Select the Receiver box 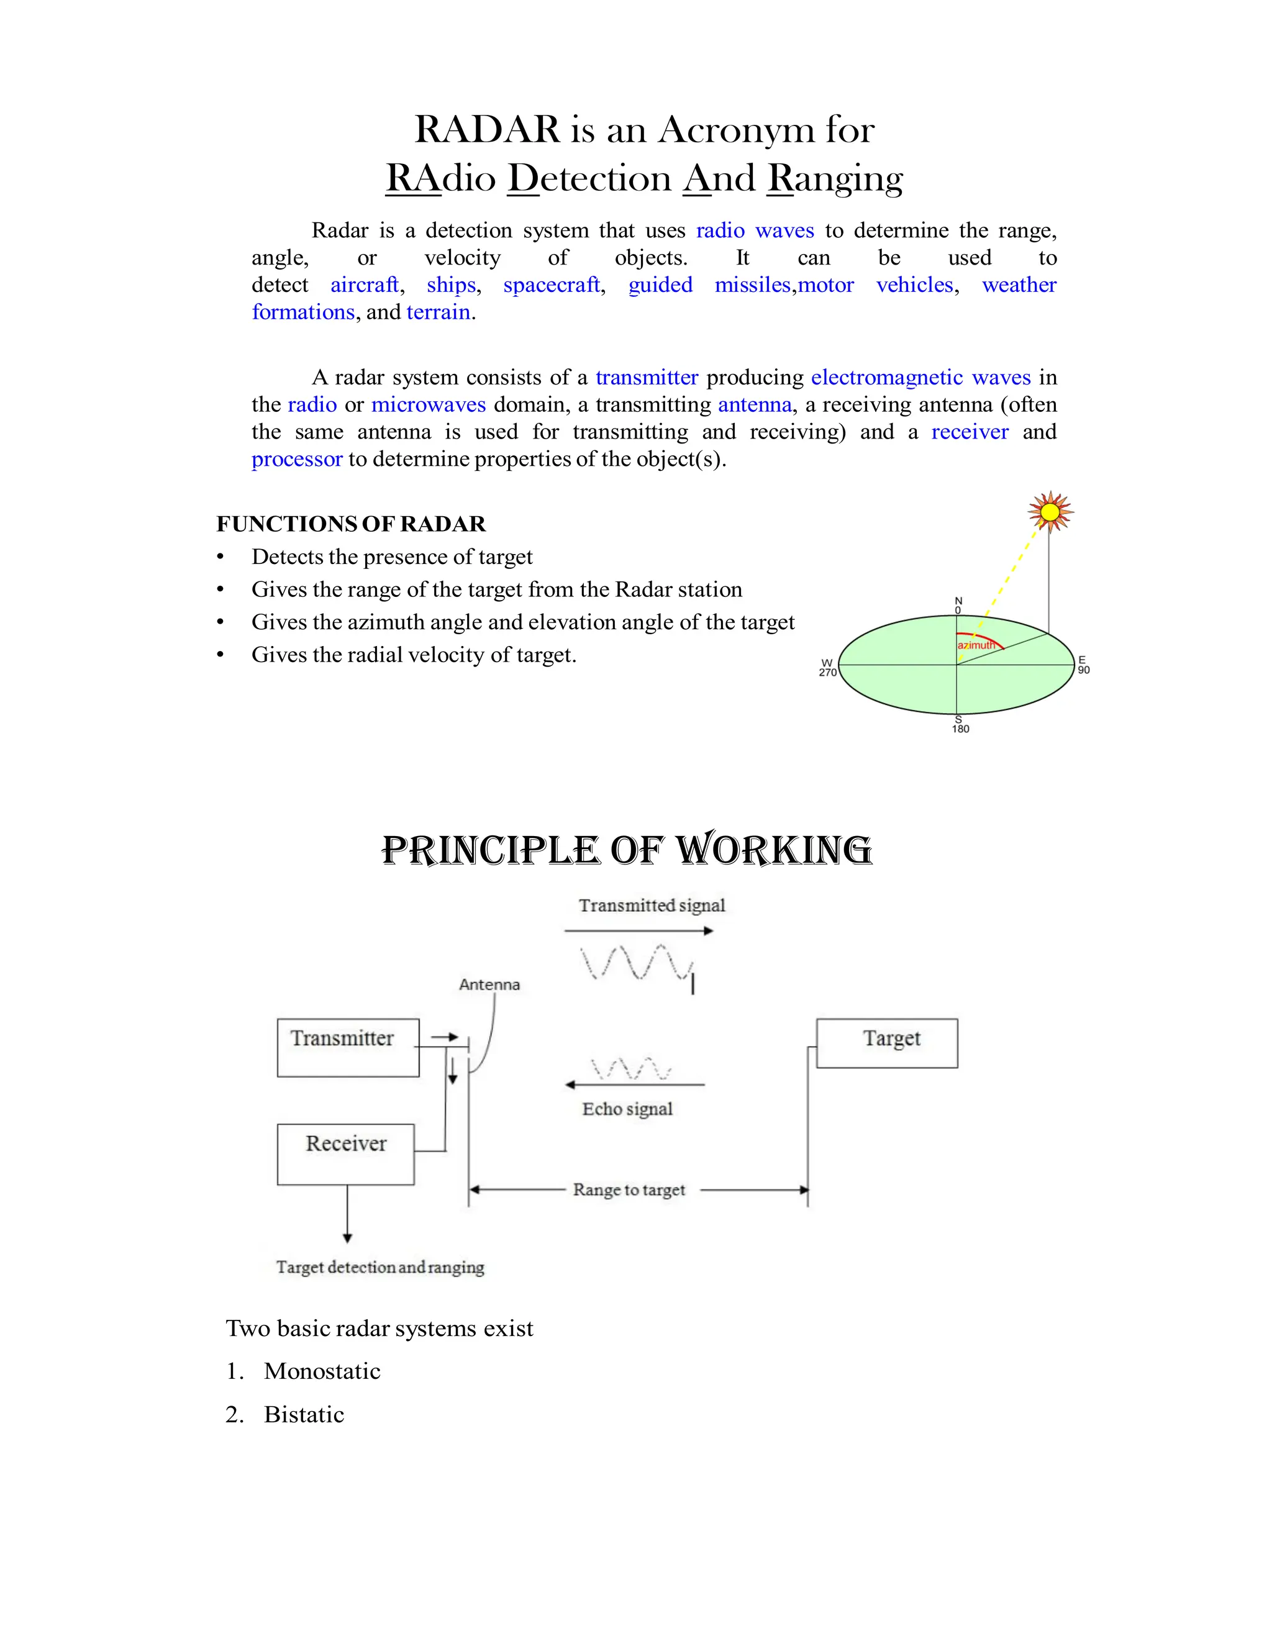[x=345, y=1154]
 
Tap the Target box [x=886, y=1042]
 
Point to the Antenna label [x=489, y=984]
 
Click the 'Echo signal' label [x=627, y=1109]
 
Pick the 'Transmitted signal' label [x=652, y=905]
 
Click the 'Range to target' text [x=629, y=1190]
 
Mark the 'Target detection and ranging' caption [x=379, y=1267]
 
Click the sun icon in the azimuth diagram [x=1050, y=512]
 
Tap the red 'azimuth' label [x=976, y=645]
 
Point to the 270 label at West [x=827, y=672]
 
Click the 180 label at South [x=960, y=729]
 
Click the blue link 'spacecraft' [x=552, y=285]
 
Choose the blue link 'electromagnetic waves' [x=920, y=377]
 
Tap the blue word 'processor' [x=297, y=459]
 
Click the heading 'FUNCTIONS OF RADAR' [x=351, y=524]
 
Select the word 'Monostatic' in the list [x=322, y=1371]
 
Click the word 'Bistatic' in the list [x=304, y=1414]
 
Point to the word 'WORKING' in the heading [x=773, y=850]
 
